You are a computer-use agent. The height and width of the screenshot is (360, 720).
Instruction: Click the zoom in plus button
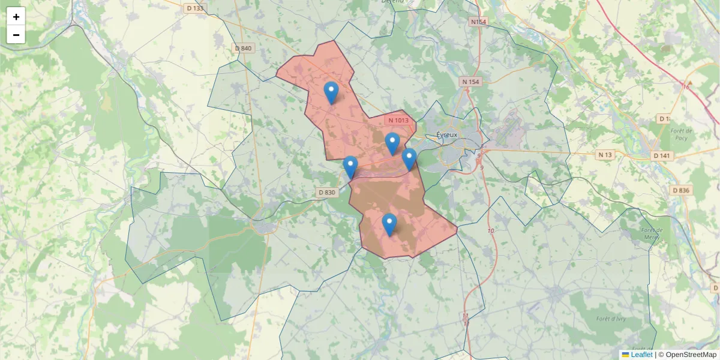pyautogui.click(x=16, y=17)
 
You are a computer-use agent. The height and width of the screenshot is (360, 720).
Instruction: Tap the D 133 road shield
pyautogui.click(x=195, y=8)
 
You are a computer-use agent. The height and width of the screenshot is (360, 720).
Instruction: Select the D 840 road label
pyautogui.click(x=244, y=48)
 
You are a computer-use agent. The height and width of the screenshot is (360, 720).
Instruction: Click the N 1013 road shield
pyautogui.click(x=398, y=120)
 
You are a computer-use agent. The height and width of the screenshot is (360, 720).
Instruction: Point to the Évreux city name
pyautogui.click(x=447, y=134)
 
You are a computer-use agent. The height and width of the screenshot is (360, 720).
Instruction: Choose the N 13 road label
pyautogui.click(x=605, y=155)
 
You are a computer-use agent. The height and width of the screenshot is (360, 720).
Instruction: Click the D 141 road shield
pyautogui.click(x=661, y=155)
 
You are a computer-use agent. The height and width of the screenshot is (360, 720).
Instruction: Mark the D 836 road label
pyautogui.click(x=681, y=190)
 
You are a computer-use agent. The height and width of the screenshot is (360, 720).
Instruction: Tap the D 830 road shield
pyautogui.click(x=326, y=193)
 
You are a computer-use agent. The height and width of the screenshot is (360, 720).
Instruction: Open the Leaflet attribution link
pyautogui.click(x=641, y=355)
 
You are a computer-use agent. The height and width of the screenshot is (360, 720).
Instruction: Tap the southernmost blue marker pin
pyautogui.click(x=389, y=226)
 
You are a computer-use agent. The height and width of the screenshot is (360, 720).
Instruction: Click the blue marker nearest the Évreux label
pyautogui.click(x=409, y=160)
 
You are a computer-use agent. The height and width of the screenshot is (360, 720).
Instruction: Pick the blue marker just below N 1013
pyautogui.click(x=392, y=145)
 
